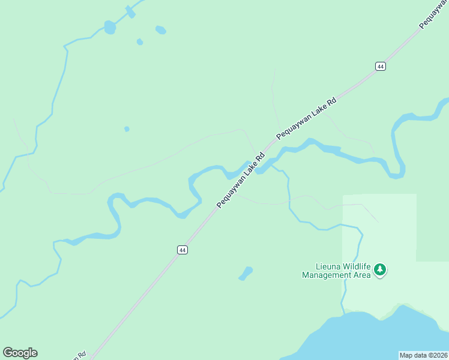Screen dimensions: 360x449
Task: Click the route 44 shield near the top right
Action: [381, 66]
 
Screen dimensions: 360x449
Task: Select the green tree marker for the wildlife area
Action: [379, 270]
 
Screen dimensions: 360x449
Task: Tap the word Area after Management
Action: [363, 275]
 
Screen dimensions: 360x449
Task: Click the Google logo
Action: [20, 353]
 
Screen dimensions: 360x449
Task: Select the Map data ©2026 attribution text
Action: [424, 355]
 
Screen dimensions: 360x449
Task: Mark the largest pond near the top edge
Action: [110, 27]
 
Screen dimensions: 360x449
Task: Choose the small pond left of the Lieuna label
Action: [245, 274]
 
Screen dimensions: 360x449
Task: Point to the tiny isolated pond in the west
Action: [127, 129]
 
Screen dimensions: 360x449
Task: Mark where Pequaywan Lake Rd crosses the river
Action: [255, 166]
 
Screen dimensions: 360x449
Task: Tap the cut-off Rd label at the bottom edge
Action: [80, 355]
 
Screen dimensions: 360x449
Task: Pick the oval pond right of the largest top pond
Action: [160, 29]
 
